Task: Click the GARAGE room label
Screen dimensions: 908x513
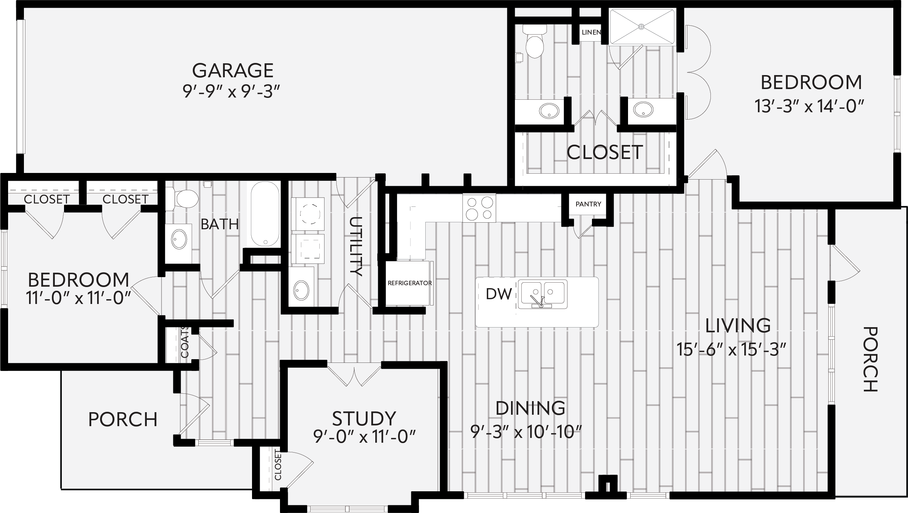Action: [x=233, y=70]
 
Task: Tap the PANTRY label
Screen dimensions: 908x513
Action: [x=588, y=204]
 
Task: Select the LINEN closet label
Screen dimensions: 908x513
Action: [x=591, y=32]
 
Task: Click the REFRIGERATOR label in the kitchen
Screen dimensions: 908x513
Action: [x=409, y=283]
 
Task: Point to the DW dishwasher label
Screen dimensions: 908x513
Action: [x=499, y=294]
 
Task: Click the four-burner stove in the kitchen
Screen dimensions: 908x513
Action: [x=479, y=208]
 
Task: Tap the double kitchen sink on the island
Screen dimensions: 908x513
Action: [x=543, y=294]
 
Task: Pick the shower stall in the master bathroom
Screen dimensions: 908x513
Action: [x=642, y=27]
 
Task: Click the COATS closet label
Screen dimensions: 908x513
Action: [x=185, y=342]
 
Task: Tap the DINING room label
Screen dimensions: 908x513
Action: [x=531, y=408]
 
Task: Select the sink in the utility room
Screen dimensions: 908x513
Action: [x=302, y=291]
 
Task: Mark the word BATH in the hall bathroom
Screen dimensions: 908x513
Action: [x=220, y=224]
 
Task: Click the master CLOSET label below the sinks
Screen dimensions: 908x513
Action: [x=605, y=152]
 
